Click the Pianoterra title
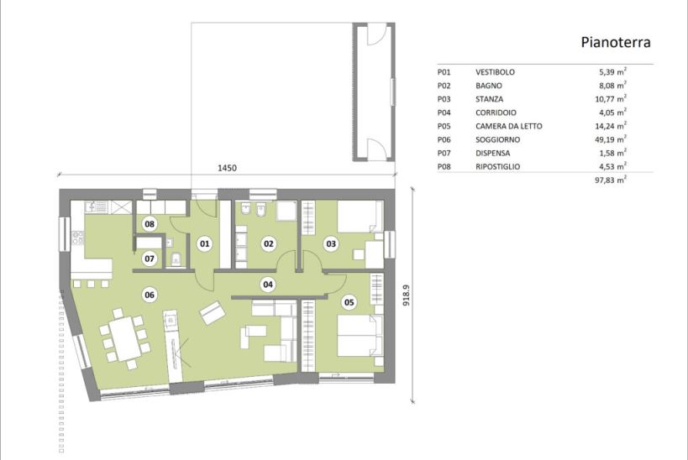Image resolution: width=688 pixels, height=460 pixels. tap(616, 42)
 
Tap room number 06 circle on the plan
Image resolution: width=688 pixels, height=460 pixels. tap(150, 295)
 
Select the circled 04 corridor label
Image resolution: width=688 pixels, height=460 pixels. tap(268, 285)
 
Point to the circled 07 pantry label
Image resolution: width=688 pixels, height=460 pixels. tap(150, 259)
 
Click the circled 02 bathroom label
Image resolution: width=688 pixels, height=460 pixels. tap(269, 243)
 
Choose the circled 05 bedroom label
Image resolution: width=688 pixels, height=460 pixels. tap(349, 302)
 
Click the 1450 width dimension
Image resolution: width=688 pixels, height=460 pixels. tap(227, 168)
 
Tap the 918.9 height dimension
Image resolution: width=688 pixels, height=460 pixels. tap(406, 295)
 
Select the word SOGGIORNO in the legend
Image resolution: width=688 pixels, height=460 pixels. tap(497, 139)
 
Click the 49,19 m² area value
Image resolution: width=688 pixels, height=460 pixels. tap(611, 139)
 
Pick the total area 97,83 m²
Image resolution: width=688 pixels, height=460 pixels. tap(611, 180)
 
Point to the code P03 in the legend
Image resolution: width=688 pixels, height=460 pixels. tap(444, 99)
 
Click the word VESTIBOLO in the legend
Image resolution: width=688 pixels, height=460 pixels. tap(495, 72)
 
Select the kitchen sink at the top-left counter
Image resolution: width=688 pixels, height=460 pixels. tap(96, 207)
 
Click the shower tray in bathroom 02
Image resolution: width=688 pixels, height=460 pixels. tap(287, 211)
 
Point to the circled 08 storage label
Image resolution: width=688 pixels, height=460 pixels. tap(150, 224)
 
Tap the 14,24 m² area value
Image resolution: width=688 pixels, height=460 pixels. tap(611, 125)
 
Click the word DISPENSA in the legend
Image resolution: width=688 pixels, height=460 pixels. tap(493, 153)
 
